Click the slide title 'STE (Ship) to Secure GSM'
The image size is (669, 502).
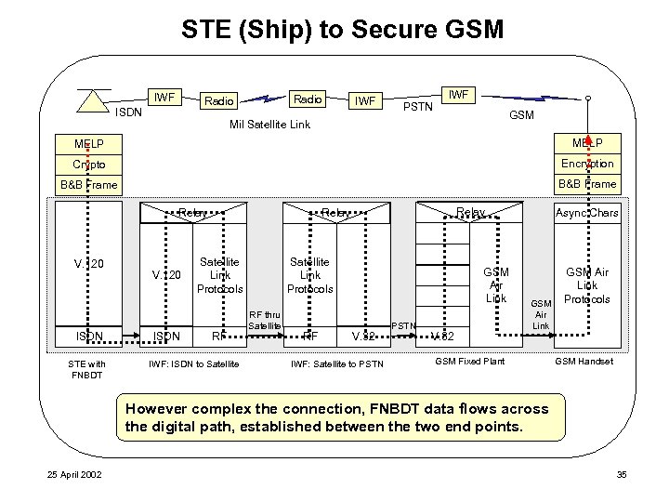(334, 29)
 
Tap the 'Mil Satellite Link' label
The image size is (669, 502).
(269, 123)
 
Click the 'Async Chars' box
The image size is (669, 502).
(586, 213)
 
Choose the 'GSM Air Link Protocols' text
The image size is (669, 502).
(587, 285)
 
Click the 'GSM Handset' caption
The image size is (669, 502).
(584, 361)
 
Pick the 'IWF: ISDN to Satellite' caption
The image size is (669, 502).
(193, 362)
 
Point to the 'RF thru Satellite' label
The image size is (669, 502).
(266, 321)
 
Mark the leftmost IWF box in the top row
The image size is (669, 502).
(164, 96)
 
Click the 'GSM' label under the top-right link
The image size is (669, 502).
(521, 116)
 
